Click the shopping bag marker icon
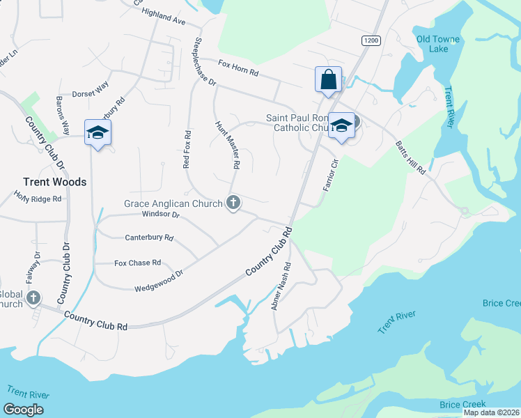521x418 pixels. coord(328,79)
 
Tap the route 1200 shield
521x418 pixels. coord(371,41)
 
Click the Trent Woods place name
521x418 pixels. coord(54,182)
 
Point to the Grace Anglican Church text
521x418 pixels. coord(173,203)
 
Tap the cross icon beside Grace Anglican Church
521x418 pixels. coord(233,203)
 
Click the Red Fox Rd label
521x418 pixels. coord(187,149)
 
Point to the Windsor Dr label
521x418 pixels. coord(161,215)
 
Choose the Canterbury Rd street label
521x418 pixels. coord(148,238)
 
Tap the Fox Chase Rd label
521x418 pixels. coord(137,263)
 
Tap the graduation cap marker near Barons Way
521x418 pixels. coord(98,132)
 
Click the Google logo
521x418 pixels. coord(24,410)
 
